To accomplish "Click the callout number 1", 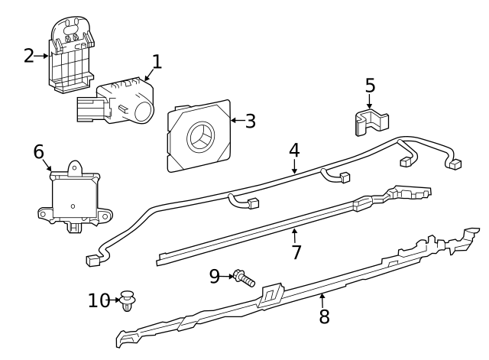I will [x=157, y=61].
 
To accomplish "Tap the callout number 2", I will [x=29, y=55].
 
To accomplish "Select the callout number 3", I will [x=250, y=121].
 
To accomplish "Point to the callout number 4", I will [x=294, y=150].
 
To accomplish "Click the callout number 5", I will [x=370, y=86].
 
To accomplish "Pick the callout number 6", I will [x=39, y=151].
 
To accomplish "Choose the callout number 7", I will [x=296, y=252].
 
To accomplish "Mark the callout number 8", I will [x=324, y=316].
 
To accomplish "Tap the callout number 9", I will [x=214, y=275].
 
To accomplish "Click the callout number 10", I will [x=99, y=300].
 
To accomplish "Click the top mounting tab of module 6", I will [x=76, y=167].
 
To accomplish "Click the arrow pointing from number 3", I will [x=235, y=121].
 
